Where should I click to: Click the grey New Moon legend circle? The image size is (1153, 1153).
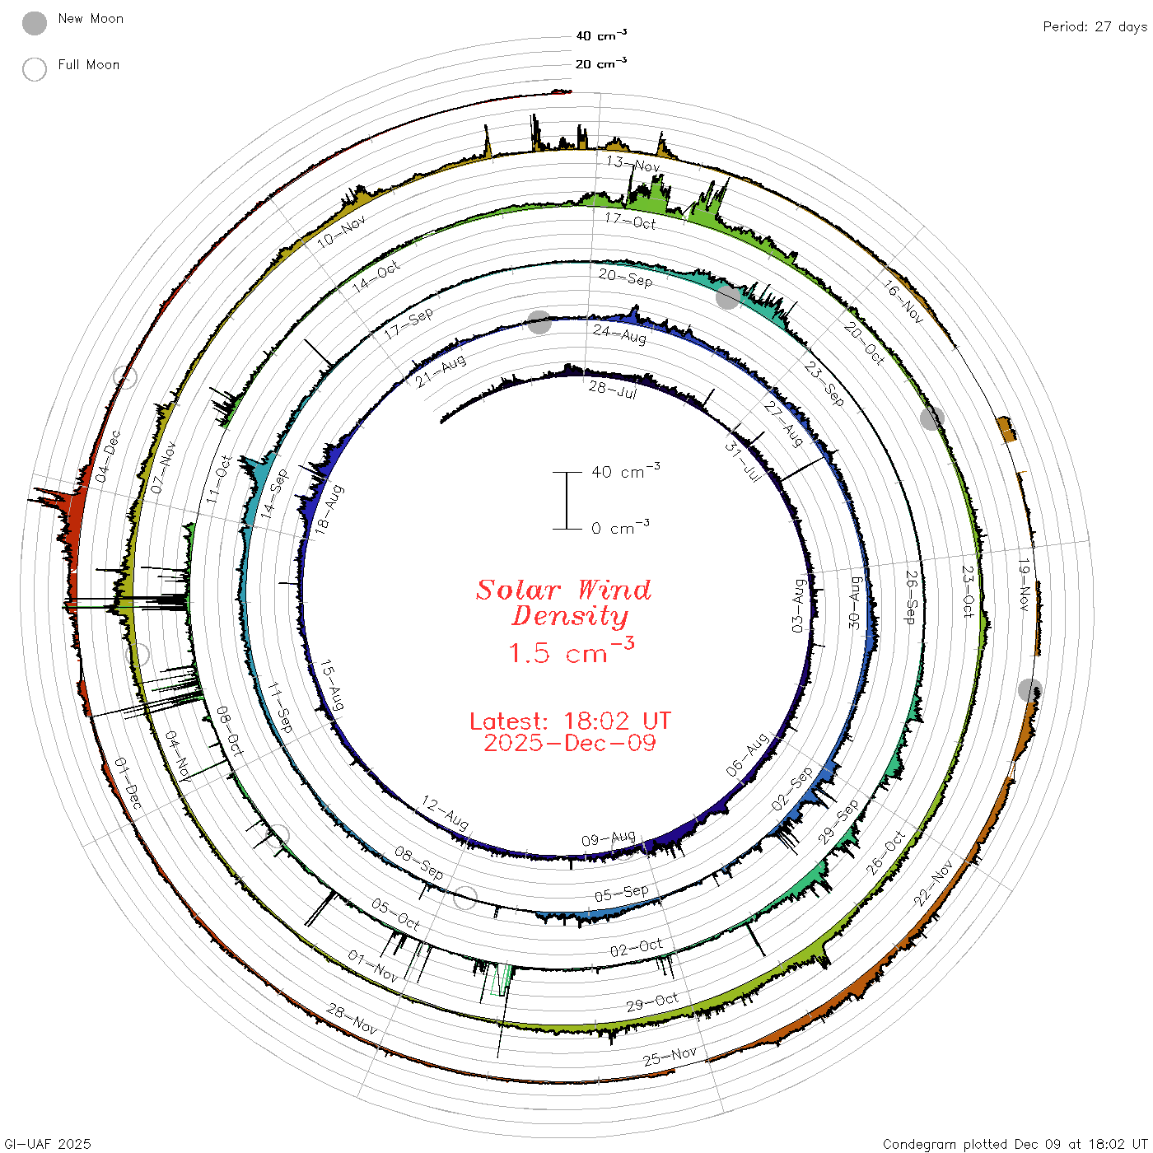34,23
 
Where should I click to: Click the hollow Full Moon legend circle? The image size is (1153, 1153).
34,69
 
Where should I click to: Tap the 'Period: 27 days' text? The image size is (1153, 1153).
1095,27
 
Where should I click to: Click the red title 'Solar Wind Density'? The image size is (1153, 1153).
563,603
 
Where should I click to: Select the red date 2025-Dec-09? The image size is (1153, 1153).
570,743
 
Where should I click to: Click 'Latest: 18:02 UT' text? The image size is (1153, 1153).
570,721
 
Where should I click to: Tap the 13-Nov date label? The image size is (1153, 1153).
633,164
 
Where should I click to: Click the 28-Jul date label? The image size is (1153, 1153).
613,390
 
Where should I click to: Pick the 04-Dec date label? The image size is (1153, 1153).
108,456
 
